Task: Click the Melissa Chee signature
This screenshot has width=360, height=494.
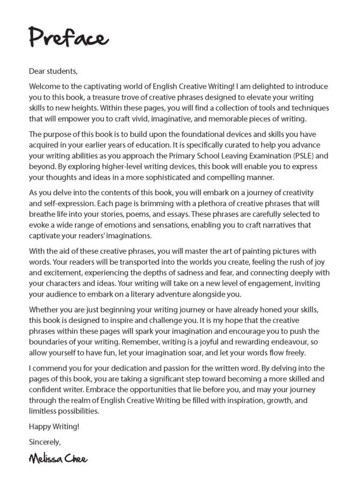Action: click(57, 459)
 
